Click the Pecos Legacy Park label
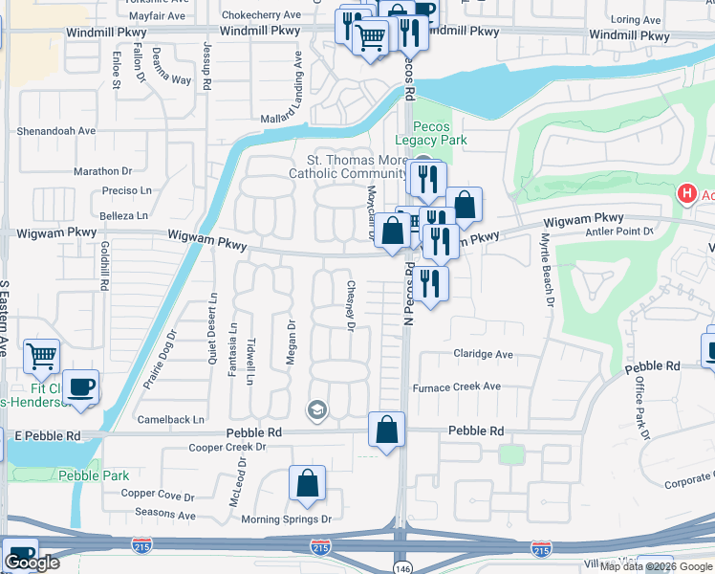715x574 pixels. pos(439,133)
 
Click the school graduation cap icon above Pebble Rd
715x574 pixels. pos(316,410)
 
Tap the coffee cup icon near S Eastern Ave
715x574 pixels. pos(81,387)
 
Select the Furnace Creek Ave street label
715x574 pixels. pos(456,387)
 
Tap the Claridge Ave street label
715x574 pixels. pos(482,354)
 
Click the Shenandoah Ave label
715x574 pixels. pos(56,131)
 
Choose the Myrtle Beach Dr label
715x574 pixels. pos(548,270)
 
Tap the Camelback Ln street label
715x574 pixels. pos(171,419)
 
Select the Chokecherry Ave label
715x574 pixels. pos(259,15)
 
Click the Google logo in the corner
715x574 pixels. pos(32,563)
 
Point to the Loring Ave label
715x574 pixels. pos(635,19)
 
